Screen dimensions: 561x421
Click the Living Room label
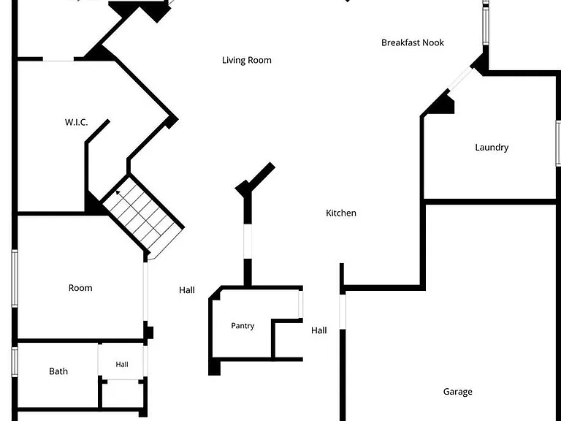coord(246,60)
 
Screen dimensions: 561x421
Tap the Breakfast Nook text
coord(413,42)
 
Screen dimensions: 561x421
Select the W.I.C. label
coord(76,122)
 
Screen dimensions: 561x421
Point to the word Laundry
coord(492,148)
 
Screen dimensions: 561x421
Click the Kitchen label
coord(341,213)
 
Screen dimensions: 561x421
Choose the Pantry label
coord(243,326)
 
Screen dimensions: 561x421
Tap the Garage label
coord(457,392)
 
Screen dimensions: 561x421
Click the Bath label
coord(58,371)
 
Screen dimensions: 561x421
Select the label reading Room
coord(80,288)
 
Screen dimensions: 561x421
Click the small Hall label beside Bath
coord(122,365)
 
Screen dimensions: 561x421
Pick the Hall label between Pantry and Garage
coord(318,330)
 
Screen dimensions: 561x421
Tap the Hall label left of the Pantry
coord(187,290)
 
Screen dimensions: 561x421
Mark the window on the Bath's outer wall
coord(15,362)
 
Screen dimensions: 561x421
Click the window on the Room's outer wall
coord(15,278)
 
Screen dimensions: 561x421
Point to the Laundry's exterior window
coord(558,143)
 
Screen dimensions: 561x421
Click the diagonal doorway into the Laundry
coord(460,79)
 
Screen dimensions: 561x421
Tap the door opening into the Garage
coord(343,311)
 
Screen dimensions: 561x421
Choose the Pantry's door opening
coord(300,304)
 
